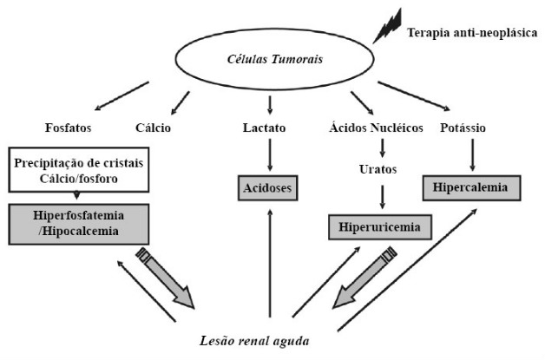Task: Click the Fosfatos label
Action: tap(69, 128)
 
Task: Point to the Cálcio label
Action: tap(154, 128)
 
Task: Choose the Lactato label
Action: tap(272, 128)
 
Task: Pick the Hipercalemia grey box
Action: tap(471, 187)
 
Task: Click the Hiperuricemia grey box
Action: tap(380, 228)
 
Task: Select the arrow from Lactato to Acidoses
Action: tap(272, 156)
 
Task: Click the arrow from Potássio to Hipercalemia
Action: tap(470, 156)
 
